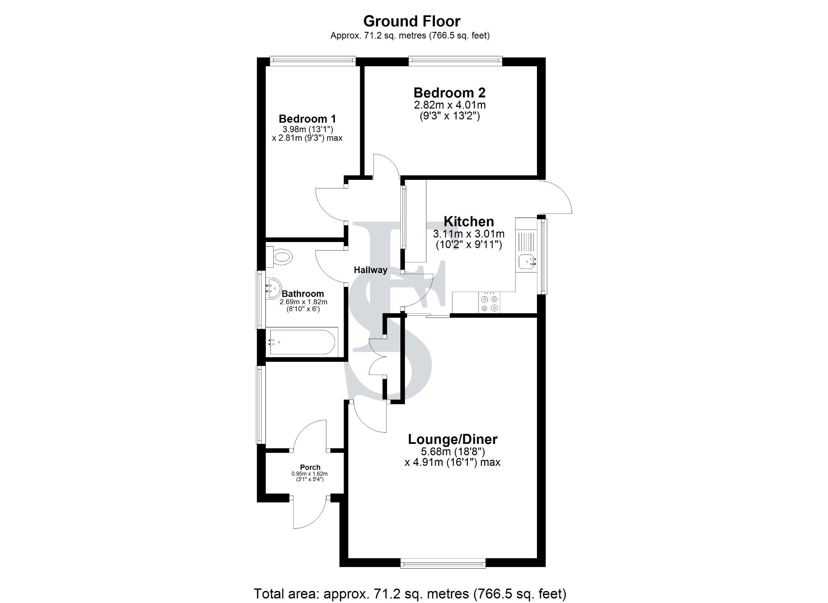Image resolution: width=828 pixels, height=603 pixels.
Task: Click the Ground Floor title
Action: pyautogui.click(x=412, y=21)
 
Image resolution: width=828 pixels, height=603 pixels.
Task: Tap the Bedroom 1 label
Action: pyautogui.click(x=307, y=119)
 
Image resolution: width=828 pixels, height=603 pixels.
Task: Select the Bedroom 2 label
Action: pyautogui.click(x=449, y=92)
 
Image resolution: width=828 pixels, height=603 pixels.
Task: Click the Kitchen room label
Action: pyautogui.click(x=469, y=221)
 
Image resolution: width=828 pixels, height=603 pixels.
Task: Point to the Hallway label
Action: pyautogui.click(x=371, y=270)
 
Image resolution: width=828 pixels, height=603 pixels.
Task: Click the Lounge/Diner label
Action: pyautogui.click(x=453, y=439)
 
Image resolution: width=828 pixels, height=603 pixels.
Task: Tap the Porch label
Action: pyautogui.click(x=310, y=467)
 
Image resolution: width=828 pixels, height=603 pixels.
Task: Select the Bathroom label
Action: pyautogui.click(x=302, y=294)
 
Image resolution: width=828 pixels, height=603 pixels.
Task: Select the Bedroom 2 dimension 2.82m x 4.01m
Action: pyautogui.click(x=449, y=105)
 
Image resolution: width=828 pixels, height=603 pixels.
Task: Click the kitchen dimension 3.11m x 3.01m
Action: pyautogui.click(x=469, y=234)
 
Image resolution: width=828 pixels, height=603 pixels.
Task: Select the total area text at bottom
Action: pyautogui.click(x=409, y=593)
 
